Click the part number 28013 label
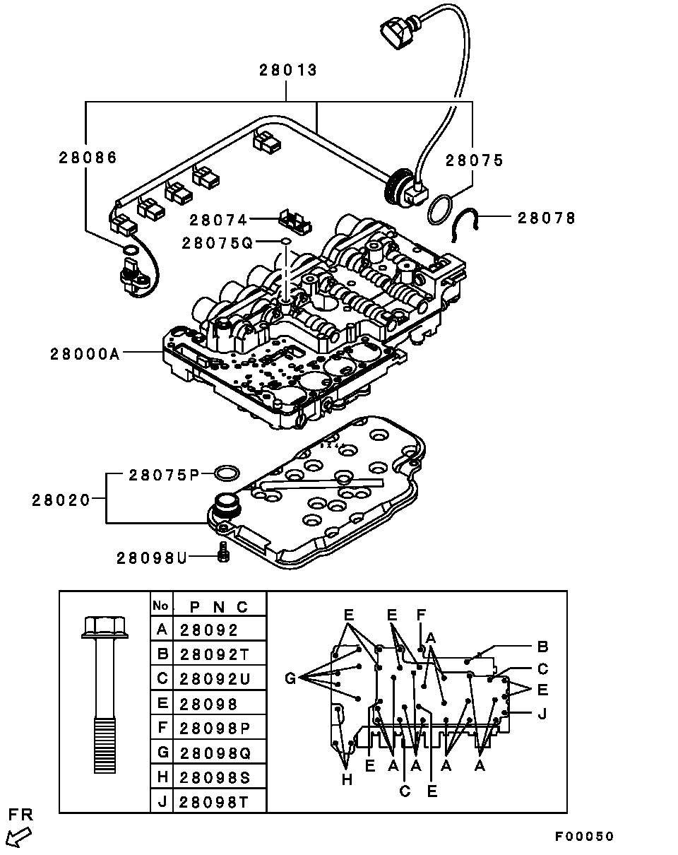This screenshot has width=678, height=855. [x=288, y=71]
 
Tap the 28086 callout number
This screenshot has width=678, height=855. [x=88, y=158]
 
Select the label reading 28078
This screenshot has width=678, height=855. [x=547, y=218]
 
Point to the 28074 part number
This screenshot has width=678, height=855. [x=218, y=220]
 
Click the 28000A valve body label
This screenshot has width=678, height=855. [x=85, y=354]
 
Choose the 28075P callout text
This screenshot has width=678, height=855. [x=164, y=475]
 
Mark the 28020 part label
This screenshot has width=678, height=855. [x=61, y=500]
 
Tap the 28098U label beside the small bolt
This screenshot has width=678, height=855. [x=152, y=558]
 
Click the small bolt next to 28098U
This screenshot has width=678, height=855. [x=224, y=552]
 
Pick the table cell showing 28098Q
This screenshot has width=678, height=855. [x=215, y=753]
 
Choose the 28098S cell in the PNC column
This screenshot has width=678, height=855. [x=215, y=777]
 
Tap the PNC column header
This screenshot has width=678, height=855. [x=219, y=607]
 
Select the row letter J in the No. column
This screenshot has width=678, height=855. [x=162, y=802]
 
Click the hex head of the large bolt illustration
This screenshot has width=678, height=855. [x=105, y=627]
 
